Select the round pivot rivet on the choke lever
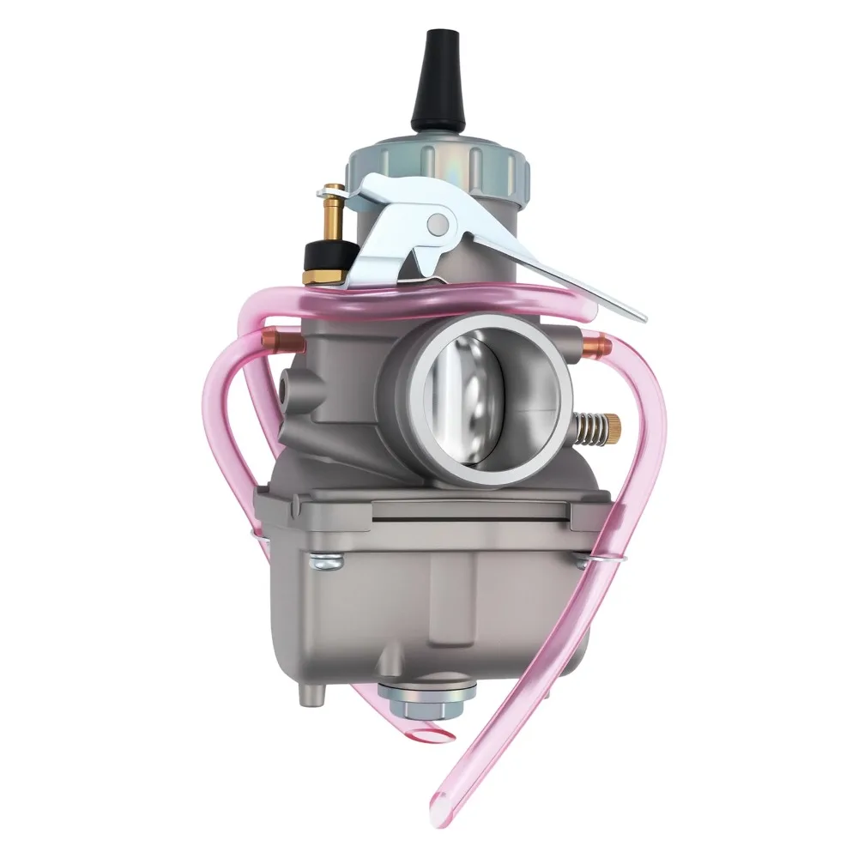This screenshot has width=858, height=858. tap(438, 225)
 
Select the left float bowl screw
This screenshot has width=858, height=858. tap(327, 562)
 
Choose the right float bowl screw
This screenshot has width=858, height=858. tap(584, 562)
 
